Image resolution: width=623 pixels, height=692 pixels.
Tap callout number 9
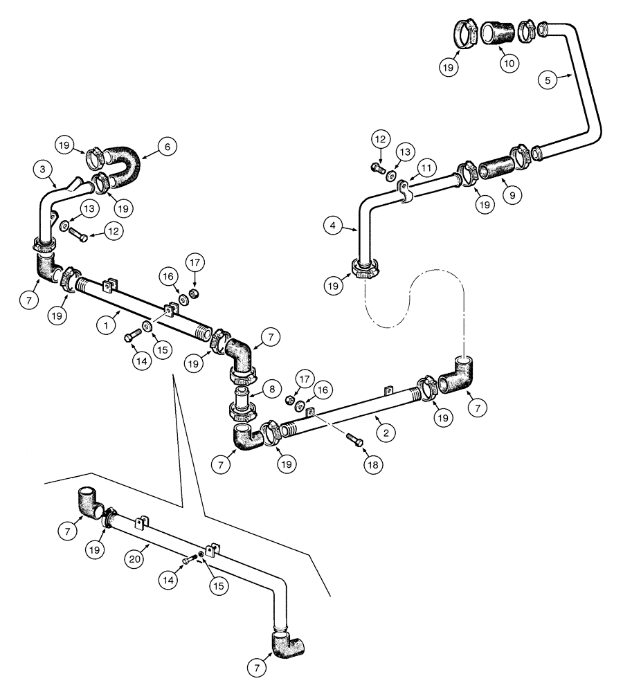click(x=512, y=195)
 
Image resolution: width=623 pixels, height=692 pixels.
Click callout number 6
click(x=166, y=146)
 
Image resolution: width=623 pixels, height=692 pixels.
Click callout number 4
click(x=334, y=226)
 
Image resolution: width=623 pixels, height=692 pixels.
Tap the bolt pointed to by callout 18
click(x=354, y=439)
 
